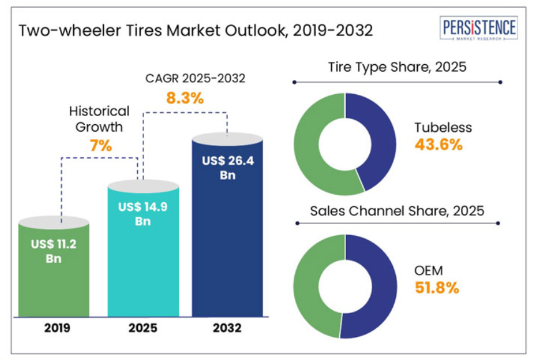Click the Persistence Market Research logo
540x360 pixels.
(478, 30)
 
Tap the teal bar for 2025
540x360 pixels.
(143, 262)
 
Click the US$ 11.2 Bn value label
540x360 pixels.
(54, 251)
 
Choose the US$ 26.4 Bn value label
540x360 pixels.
(227, 168)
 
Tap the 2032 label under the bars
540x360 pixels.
(227, 328)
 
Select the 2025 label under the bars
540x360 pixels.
(143, 328)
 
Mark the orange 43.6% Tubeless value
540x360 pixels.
(438, 145)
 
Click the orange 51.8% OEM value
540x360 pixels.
(437, 288)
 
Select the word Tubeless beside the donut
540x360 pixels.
(443, 127)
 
